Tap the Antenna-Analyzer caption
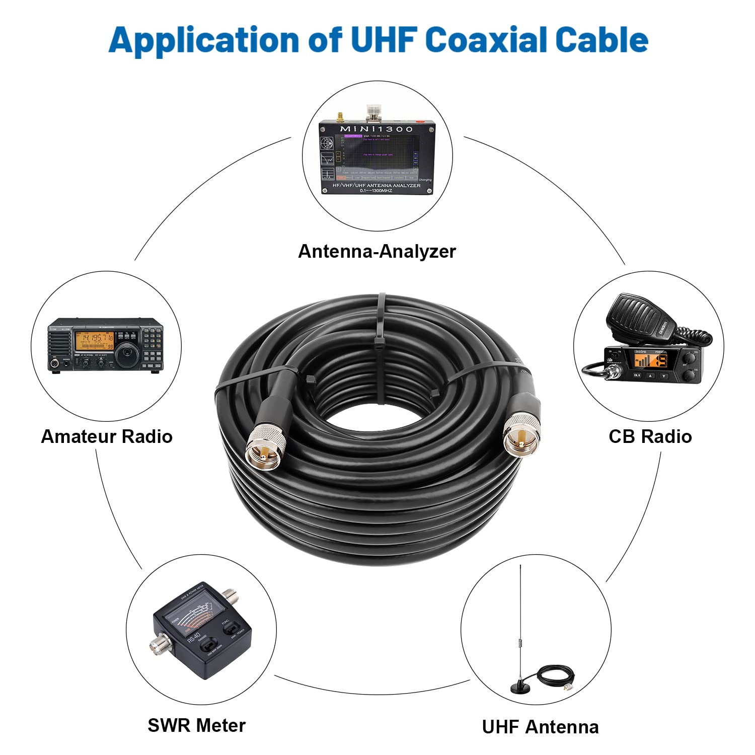(x=376, y=251)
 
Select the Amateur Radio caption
(x=107, y=436)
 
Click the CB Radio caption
(x=650, y=436)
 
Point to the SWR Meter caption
(x=196, y=725)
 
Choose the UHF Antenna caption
(x=540, y=727)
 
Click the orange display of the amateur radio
(x=94, y=341)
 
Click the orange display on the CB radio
(x=650, y=360)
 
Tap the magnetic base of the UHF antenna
(x=521, y=687)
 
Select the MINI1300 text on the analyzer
(x=376, y=129)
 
